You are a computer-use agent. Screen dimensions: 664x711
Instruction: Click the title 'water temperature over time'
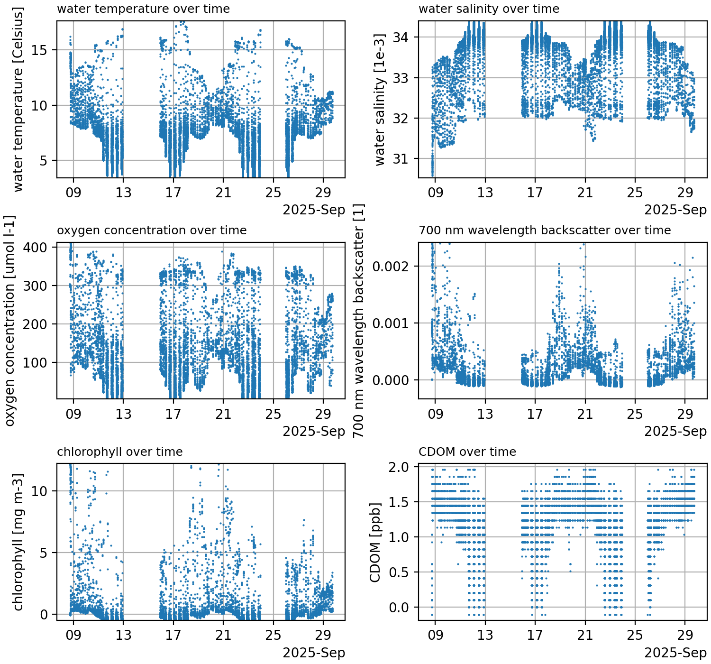click(143, 9)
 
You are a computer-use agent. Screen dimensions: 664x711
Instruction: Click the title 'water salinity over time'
click(489, 9)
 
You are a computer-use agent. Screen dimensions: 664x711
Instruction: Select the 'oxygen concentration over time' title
click(152, 231)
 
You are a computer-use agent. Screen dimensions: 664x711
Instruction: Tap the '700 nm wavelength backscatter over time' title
click(545, 231)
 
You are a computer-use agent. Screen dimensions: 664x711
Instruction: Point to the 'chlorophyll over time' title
click(119, 452)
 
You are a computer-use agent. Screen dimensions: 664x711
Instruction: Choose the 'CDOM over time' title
click(467, 452)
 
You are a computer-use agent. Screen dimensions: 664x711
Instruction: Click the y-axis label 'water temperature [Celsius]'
click(18, 100)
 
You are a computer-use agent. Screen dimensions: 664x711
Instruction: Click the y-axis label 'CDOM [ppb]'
click(375, 542)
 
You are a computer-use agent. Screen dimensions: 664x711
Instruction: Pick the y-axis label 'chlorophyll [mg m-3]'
click(18, 542)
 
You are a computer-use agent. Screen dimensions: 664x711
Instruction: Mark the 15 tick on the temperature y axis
click(42, 50)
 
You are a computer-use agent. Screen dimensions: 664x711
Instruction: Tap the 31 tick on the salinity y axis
click(402, 159)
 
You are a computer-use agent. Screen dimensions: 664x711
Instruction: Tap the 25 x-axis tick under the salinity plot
click(635, 193)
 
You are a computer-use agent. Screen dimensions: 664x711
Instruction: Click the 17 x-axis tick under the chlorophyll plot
click(173, 636)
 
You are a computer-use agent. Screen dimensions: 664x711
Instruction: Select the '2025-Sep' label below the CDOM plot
click(675, 653)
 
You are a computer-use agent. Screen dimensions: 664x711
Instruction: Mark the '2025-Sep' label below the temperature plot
click(314, 210)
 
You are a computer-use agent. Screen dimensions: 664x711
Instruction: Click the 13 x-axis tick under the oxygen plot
click(123, 415)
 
